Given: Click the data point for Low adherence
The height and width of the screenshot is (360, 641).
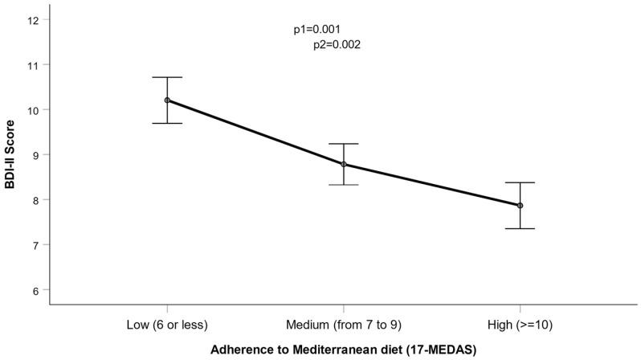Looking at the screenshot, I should (x=167, y=100).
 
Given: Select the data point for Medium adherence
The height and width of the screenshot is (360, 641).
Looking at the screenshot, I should (x=344, y=165).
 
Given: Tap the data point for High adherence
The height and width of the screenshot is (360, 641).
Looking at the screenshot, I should (x=520, y=206).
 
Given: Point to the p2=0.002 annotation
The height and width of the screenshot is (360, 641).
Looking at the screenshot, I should (x=337, y=46).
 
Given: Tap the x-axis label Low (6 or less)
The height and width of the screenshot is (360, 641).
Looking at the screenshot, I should (x=166, y=325).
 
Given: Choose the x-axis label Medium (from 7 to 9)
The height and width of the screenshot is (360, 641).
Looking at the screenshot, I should (x=343, y=325).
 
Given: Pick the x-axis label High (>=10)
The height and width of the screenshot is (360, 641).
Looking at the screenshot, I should (x=520, y=325).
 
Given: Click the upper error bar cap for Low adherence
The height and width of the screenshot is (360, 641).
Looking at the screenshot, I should (x=167, y=77).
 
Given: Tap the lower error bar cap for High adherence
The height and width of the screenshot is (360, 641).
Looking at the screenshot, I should (x=520, y=229).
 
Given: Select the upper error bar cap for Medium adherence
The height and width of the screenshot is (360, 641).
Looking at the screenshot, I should (x=344, y=144).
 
